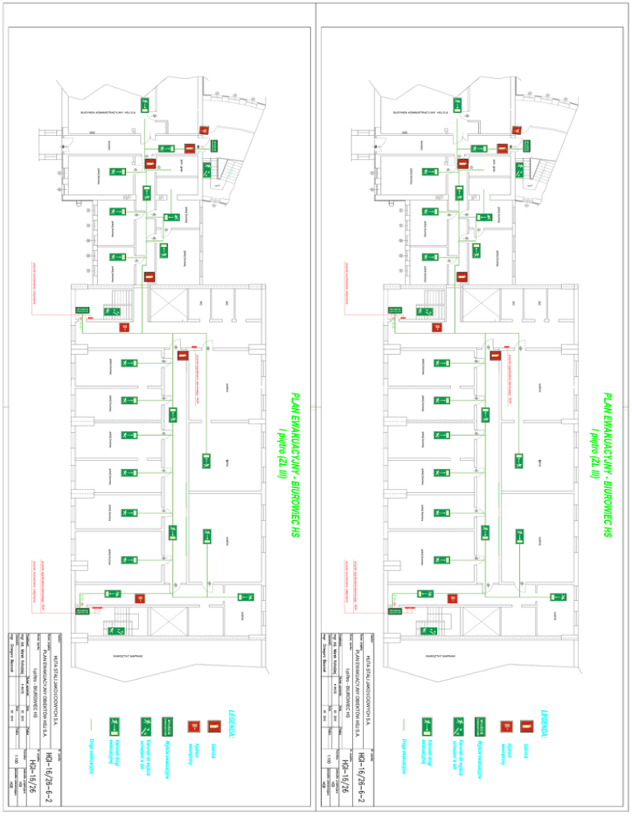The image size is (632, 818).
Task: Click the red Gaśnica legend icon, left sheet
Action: click(x=212, y=727)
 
